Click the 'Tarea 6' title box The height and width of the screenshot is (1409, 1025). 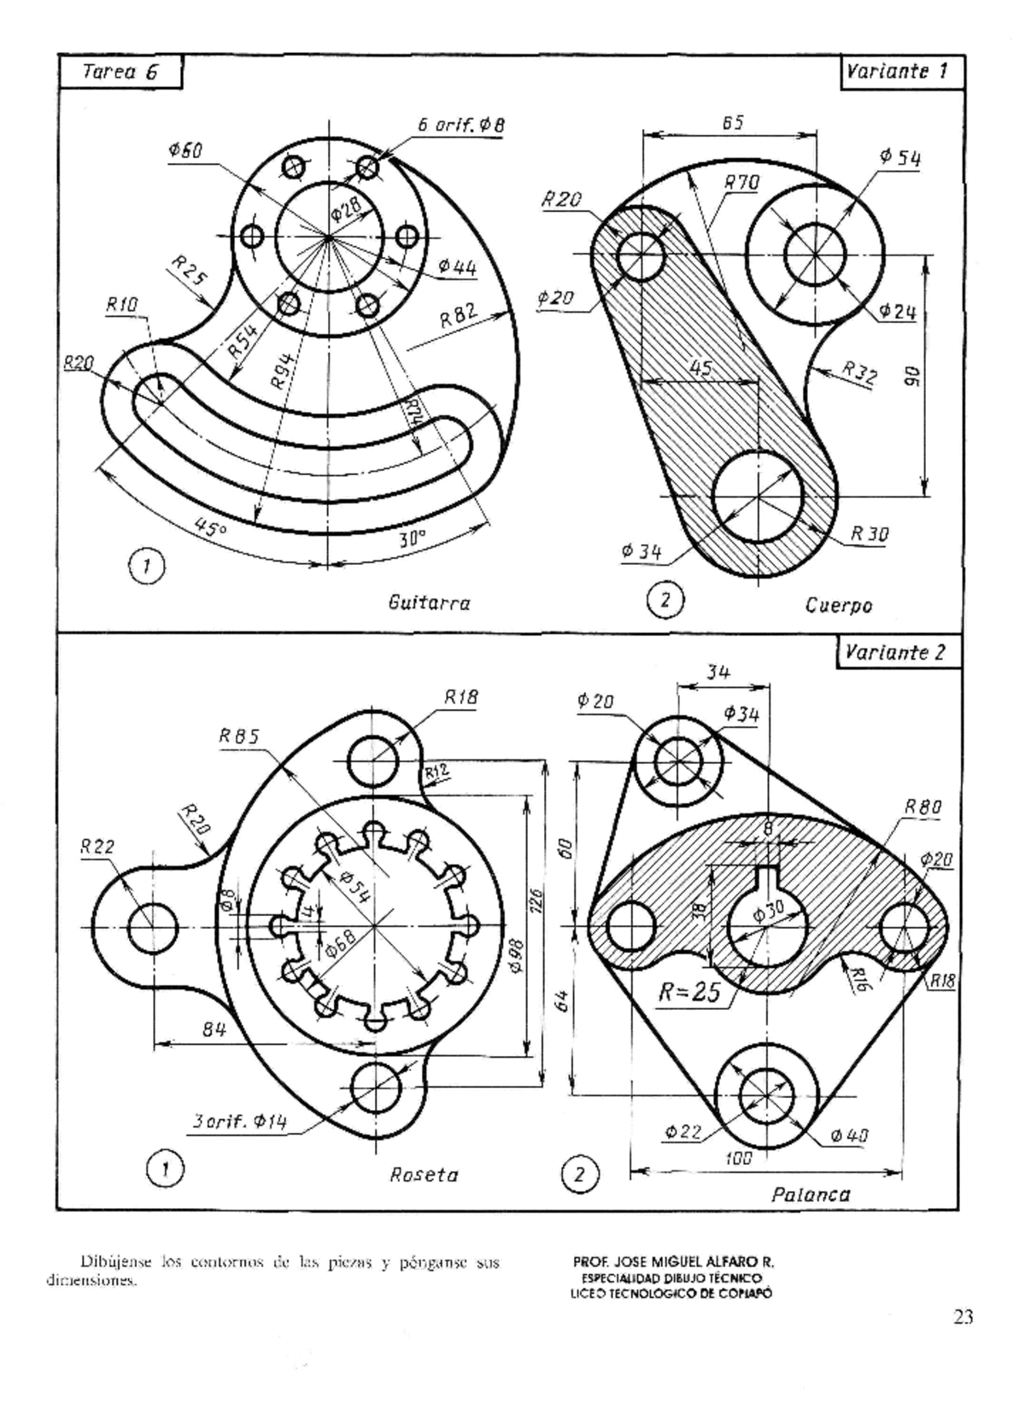120,72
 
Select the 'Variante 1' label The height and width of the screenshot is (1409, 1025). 896,72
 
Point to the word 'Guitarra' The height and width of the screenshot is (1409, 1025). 429,603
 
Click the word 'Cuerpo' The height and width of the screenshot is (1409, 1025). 838,606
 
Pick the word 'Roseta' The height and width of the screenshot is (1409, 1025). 424,1175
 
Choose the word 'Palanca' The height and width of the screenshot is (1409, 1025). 811,1195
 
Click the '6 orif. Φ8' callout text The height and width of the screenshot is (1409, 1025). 460,125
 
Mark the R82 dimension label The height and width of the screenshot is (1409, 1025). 458,318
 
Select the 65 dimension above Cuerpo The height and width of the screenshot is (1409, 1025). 732,122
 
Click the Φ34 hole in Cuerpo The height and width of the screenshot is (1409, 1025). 758,496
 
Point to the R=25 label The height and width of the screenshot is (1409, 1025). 689,992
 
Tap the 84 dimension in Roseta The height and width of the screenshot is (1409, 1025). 214,1030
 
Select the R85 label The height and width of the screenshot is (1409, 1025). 239,737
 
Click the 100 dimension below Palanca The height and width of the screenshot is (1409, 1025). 738,1159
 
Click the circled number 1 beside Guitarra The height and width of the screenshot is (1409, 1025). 147,566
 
